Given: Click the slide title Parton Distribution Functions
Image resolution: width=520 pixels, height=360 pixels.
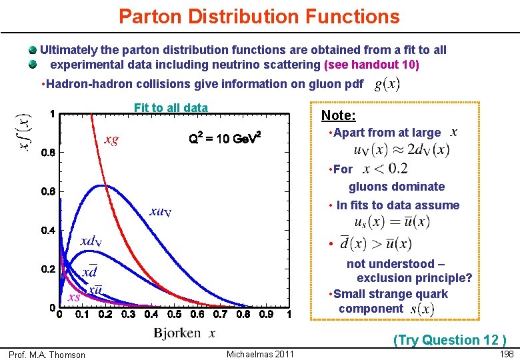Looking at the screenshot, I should coord(259,16).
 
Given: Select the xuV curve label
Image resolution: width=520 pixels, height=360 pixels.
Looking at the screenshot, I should coord(161,211).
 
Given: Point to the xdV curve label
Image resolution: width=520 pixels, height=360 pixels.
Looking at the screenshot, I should coord(91,241).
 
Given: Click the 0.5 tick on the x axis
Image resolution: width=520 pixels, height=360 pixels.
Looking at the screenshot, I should coord(174,315).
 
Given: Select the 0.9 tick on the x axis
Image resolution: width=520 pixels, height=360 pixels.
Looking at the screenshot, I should coord(265,315).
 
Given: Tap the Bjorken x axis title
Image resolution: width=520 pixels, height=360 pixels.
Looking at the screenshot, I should coord(185,333).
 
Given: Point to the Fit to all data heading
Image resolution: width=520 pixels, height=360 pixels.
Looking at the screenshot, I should coord(171,108).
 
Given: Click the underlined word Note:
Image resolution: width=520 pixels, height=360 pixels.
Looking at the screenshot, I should coord(338,115).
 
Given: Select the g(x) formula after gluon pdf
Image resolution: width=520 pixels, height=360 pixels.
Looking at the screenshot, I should coord(387,84).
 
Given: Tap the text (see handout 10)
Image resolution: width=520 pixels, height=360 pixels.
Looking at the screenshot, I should coord(371,65).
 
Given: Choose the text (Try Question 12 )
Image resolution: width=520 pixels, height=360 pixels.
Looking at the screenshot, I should coord(450,340).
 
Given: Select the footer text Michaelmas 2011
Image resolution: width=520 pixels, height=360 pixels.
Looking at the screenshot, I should coord(260,353).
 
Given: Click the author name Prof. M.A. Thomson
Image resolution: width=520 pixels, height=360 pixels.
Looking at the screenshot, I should coord(47,355).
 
